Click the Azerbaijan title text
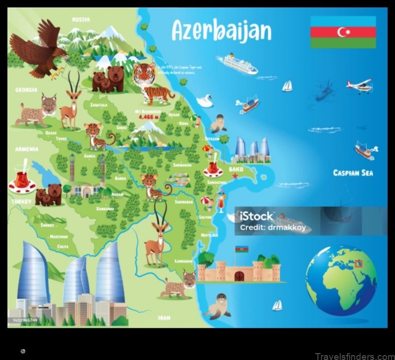[221, 31]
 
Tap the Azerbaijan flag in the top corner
[343, 32]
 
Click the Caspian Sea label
[353, 173]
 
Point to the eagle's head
[61, 51]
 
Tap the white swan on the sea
[204, 101]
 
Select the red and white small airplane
[359, 86]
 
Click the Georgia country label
[26, 90]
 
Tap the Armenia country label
[27, 149]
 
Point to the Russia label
[80, 20]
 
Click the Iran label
[164, 318]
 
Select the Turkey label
[22, 201]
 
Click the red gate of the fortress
[240, 276]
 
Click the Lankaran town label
[184, 261]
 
